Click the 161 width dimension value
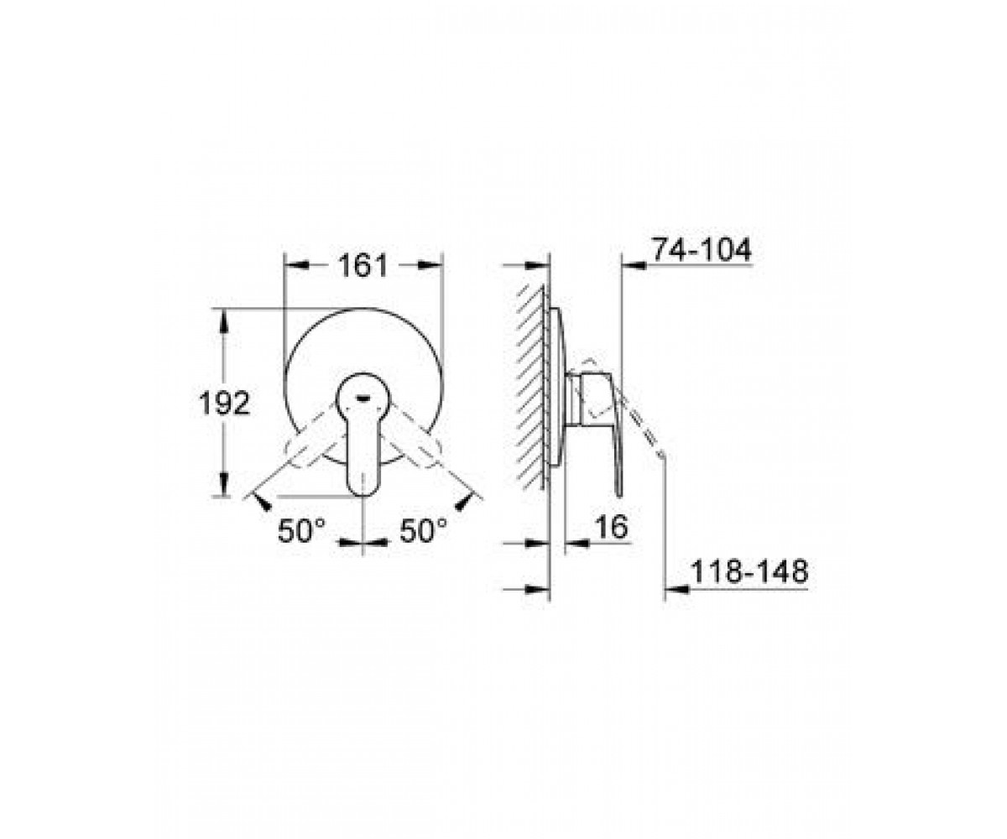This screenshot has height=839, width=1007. coord(363,266)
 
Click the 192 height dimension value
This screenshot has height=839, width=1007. coord(225,403)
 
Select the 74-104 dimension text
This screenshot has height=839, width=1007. coord(702,250)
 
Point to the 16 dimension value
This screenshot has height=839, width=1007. coord(612,527)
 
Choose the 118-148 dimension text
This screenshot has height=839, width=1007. coord(749,572)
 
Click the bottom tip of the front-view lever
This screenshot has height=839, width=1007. coord(363,495)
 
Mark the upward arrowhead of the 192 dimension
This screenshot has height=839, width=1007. coord(223,320)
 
